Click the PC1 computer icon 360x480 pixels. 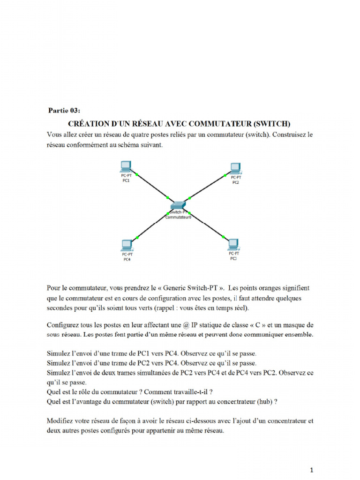coord(126,166)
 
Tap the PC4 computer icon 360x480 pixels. coord(126,245)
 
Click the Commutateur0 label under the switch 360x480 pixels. coord(179,217)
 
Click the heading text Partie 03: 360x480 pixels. coord(64,111)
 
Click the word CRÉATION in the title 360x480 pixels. coord(88,124)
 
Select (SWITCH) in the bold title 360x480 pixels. coord(272,124)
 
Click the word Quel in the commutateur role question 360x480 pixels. coord(54,392)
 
